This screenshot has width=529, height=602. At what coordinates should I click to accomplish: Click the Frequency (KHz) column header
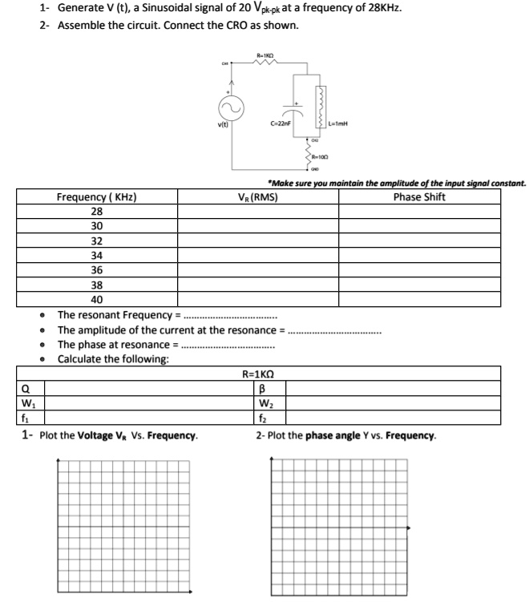(95, 197)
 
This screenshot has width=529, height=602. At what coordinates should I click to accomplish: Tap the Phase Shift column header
(419, 197)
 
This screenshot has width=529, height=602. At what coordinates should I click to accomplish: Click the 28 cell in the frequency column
(96, 212)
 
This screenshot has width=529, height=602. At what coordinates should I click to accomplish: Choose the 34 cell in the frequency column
(96, 256)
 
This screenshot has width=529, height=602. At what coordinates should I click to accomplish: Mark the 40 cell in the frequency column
(96, 300)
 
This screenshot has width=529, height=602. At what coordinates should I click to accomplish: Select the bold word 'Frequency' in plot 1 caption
(173, 436)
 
